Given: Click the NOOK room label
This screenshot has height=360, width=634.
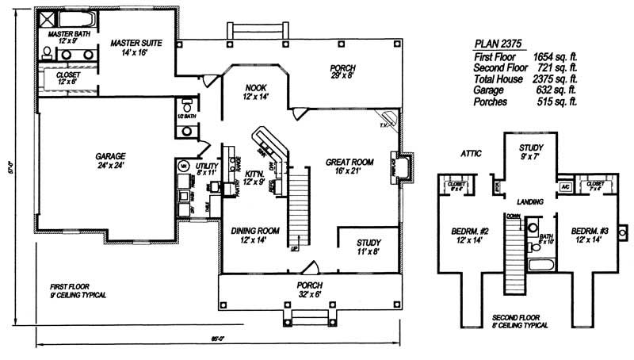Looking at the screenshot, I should (x=255, y=88).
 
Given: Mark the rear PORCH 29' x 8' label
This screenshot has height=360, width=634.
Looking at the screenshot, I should (x=342, y=68).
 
